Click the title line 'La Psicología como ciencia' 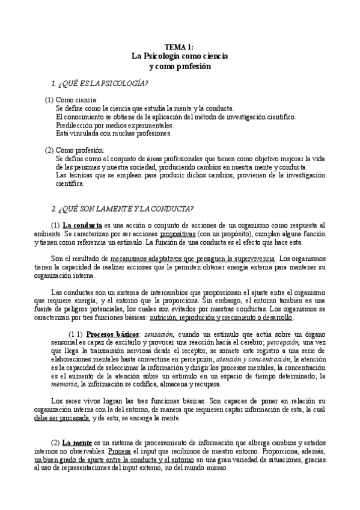(x=180, y=56)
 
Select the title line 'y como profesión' (x=180, y=66)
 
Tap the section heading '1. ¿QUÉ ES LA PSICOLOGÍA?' (x=101, y=82)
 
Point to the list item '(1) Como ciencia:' (x=71, y=99)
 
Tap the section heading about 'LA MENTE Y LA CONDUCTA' (x=123, y=208)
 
